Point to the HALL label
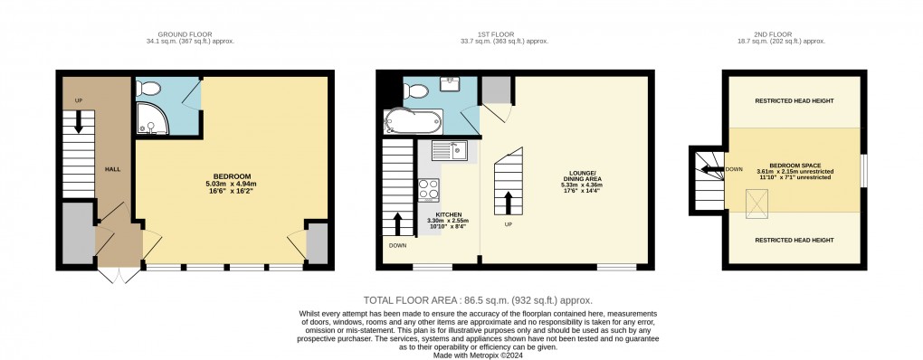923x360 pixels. [x=112, y=168]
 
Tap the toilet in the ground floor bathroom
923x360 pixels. [x=149, y=88]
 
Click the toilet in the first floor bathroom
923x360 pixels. [x=417, y=90]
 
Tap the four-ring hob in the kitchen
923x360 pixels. [x=428, y=191]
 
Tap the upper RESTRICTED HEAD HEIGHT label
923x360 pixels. [x=794, y=100]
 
